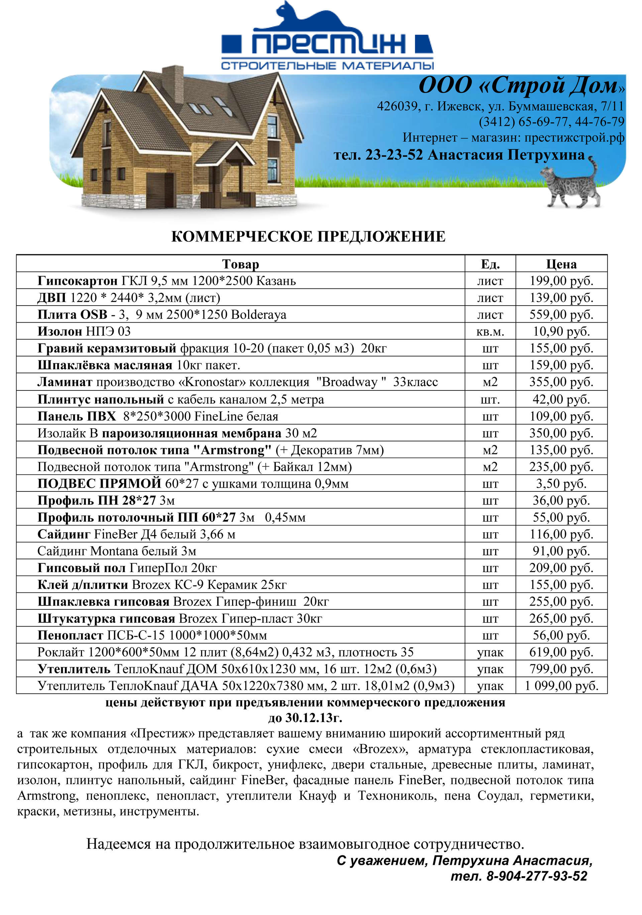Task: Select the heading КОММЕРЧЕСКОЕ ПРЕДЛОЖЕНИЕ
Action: (308, 237)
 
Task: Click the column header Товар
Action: (240, 264)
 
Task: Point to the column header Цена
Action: (561, 264)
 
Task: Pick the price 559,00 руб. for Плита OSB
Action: (561, 315)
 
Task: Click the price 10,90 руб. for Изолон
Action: (561, 332)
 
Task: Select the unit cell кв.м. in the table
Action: (490, 332)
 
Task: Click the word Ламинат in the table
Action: (65, 382)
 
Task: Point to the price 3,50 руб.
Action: (561, 484)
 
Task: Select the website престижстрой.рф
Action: (574, 137)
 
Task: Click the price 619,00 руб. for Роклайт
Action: (561, 652)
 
